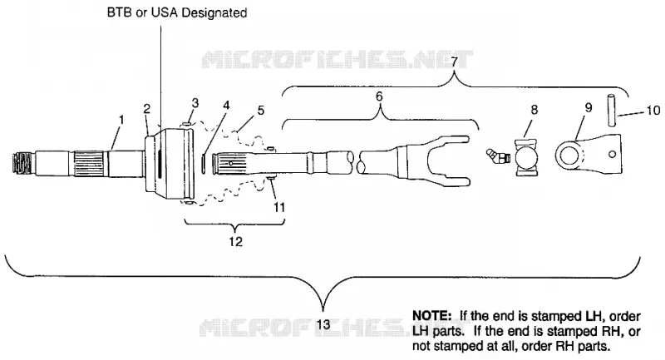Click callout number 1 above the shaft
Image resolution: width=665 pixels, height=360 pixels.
[x=121, y=120]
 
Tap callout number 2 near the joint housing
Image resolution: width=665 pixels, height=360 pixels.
[x=147, y=109]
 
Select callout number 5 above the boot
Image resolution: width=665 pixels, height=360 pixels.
[x=261, y=111]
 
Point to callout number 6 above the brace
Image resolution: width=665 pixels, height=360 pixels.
[x=379, y=96]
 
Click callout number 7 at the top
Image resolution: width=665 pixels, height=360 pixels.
[x=454, y=62]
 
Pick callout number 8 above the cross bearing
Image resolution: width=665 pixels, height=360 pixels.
[x=534, y=110]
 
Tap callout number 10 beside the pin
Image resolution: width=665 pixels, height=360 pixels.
[x=653, y=111]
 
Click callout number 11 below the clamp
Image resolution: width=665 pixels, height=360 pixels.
[x=279, y=207]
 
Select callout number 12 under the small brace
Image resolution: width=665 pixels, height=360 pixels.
[x=236, y=242]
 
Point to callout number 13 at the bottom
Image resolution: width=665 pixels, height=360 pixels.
[x=323, y=325]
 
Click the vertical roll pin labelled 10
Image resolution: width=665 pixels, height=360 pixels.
[x=612, y=111]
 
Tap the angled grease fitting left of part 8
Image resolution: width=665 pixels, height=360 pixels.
[x=497, y=156]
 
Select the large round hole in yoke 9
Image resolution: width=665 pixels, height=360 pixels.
[x=568, y=155]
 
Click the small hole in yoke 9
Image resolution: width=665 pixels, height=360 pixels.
[x=612, y=154]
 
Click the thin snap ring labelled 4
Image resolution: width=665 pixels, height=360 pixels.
[x=204, y=163]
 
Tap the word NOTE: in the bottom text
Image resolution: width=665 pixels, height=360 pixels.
[x=431, y=316]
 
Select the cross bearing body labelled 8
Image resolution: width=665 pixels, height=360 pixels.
[x=526, y=157]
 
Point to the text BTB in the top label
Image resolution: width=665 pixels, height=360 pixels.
[x=117, y=12]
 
